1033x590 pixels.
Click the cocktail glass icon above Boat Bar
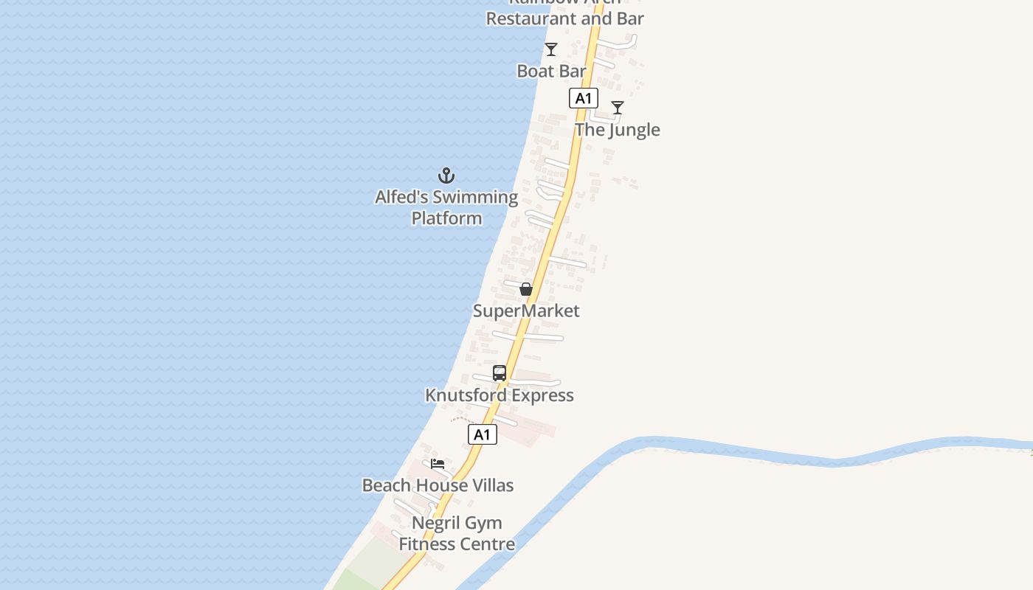point(550,49)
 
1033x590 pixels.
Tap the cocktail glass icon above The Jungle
point(618,108)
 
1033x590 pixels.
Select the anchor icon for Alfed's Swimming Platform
point(446,176)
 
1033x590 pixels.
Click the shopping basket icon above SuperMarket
point(526,289)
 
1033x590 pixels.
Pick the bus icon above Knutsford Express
point(500,373)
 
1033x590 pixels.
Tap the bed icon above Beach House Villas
point(438,464)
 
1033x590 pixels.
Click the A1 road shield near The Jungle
point(583,98)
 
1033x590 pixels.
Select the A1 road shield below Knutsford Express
point(482,434)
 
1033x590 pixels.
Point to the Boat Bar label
point(551,71)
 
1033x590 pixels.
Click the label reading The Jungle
point(618,130)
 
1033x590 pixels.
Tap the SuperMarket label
point(526,310)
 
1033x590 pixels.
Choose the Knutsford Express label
point(500,395)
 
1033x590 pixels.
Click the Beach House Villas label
point(438,485)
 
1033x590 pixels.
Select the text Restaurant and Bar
point(564,18)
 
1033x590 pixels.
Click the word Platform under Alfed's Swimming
point(446,218)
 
